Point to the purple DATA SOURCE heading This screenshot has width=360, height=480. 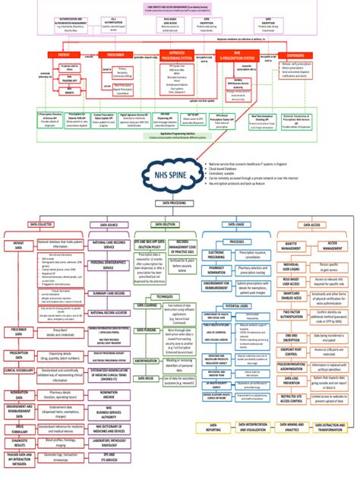tap(109, 225)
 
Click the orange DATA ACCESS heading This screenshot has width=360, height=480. tap(314, 225)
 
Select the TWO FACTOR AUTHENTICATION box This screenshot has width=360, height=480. tap(291, 314)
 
